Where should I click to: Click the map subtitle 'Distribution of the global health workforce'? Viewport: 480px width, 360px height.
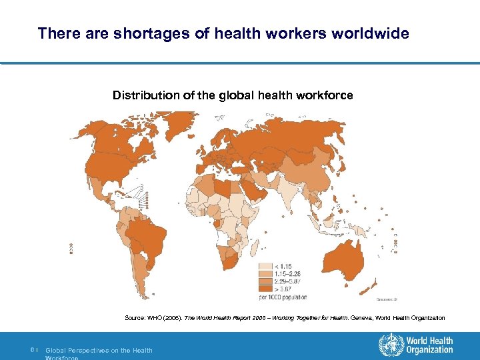pos(233,95)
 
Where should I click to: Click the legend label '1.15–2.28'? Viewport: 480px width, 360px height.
pos(288,274)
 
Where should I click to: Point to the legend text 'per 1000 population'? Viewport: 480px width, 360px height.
pos(287,297)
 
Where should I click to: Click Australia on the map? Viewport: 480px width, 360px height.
pos(343,250)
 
